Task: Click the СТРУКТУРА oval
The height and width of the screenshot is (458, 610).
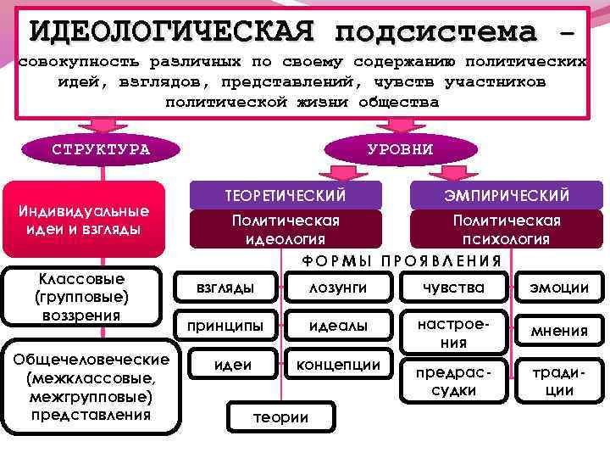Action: coord(101,149)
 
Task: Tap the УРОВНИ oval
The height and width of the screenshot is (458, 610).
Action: coord(401,149)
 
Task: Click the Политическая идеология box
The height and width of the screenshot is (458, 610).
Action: coord(286,229)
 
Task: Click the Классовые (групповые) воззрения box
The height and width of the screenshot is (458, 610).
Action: coord(81,297)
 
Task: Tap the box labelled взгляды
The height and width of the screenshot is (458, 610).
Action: coord(225,288)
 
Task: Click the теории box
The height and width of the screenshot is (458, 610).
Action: coord(281,416)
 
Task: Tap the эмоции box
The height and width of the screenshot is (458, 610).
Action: coord(559,288)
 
